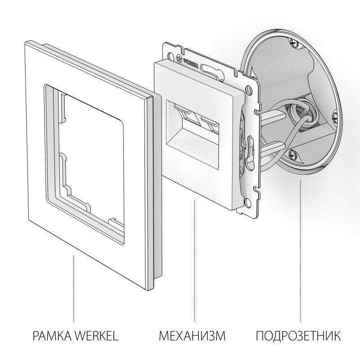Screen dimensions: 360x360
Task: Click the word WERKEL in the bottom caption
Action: pos(98,336)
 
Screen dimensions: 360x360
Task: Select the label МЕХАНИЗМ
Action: pos(192,336)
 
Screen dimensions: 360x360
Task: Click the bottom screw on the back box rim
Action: pos(293,153)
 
